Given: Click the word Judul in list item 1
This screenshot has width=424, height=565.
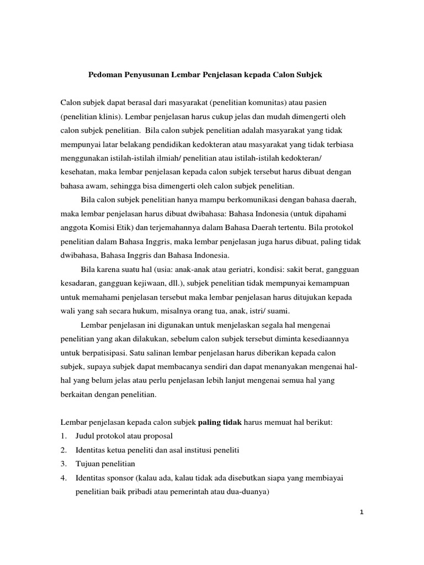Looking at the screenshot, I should point(85,436).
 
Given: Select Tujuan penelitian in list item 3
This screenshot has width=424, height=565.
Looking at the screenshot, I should point(105,464).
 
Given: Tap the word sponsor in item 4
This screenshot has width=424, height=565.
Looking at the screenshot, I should point(121,478).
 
